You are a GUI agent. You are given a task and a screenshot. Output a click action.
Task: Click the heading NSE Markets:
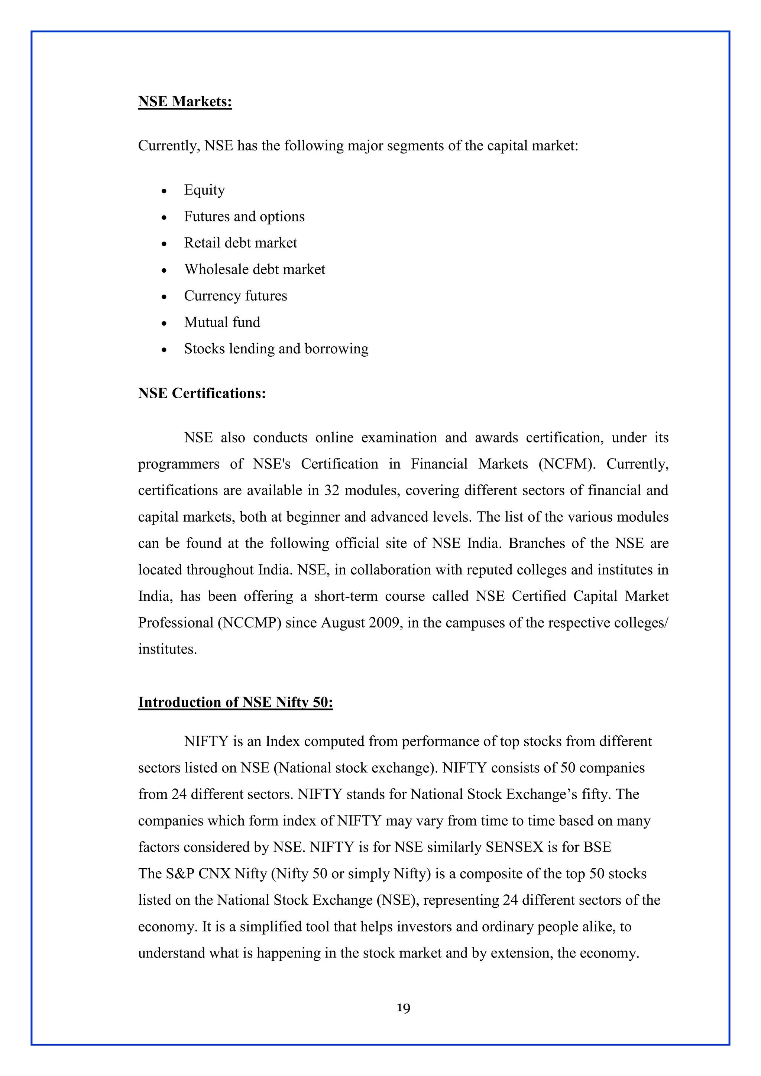coord(185,102)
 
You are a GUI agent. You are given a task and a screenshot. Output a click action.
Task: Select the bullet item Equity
coord(204,190)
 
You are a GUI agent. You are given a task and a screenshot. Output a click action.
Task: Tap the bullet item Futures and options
coord(244,217)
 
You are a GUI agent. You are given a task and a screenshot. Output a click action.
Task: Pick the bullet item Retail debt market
coord(240,243)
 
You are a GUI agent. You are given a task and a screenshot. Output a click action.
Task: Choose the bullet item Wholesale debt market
coord(255,269)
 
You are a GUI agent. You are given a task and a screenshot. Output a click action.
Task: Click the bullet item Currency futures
coord(235,296)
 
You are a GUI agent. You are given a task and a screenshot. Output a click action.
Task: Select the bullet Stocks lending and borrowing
coord(276,349)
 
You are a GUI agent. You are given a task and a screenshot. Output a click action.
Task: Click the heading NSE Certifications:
coord(202,393)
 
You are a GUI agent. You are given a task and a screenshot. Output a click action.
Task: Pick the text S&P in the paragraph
coord(180,874)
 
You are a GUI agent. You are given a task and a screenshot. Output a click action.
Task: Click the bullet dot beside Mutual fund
coord(163,323)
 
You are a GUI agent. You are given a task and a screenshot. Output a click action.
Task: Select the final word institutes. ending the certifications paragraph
coord(167,649)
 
